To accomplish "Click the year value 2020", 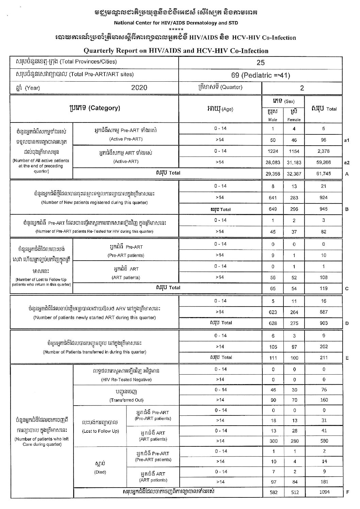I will click(139, 87).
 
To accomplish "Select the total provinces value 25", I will click(260, 62).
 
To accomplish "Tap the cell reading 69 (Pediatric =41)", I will click(260, 75).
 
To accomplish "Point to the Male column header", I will click(273, 119).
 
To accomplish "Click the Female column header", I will click(294, 119).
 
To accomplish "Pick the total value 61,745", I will click(323, 174).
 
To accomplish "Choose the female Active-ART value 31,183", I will click(294, 163).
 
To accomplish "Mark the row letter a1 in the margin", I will click(347, 140).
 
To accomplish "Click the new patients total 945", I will click(323, 209).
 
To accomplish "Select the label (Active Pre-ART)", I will click(126, 139).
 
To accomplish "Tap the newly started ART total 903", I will click(323, 323).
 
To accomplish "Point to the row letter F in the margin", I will click(347, 492).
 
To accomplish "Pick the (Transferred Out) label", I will click(126, 400).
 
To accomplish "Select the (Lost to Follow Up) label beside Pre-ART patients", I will click(100, 431).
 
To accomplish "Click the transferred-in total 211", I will click(323, 358).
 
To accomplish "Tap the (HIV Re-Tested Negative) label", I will click(126, 379).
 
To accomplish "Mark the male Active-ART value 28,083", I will click(273, 163).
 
